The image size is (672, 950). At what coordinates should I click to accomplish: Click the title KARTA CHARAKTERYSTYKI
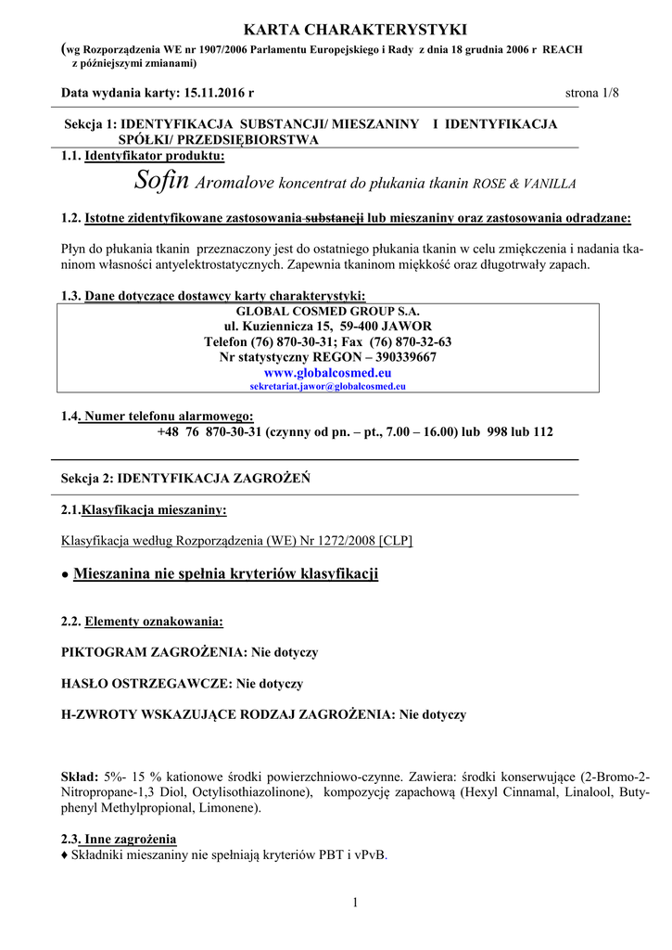click(x=336, y=31)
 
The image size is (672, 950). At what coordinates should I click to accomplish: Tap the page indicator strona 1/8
click(x=591, y=94)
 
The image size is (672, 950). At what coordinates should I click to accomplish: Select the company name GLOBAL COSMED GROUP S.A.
click(x=328, y=312)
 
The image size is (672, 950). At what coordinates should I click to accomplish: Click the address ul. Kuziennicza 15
click(x=277, y=327)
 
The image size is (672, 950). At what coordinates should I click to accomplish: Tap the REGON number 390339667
click(x=400, y=356)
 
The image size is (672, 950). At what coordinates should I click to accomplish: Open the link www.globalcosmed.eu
click(x=328, y=371)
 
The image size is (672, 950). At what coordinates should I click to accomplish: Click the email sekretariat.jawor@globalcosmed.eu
click(x=328, y=385)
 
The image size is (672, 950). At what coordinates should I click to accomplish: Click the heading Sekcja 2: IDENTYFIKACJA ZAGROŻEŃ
click(x=185, y=478)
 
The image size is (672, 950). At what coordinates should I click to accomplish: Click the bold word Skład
click(x=79, y=776)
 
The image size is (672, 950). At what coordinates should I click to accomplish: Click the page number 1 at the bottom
click(x=354, y=903)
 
